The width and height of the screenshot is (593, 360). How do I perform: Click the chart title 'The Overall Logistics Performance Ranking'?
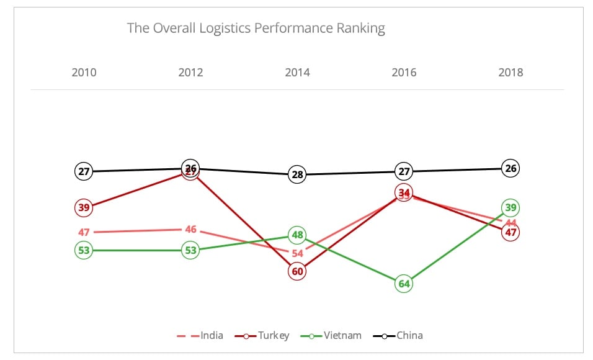(x=256, y=29)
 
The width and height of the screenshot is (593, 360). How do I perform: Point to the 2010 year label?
(x=84, y=73)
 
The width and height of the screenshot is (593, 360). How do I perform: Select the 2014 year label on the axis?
(x=297, y=73)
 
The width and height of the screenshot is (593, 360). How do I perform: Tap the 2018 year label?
(x=511, y=73)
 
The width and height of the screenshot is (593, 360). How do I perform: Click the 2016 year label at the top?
(x=404, y=73)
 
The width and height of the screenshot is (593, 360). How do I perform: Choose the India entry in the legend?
(x=200, y=336)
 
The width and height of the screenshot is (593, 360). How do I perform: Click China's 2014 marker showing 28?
(x=297, y=175)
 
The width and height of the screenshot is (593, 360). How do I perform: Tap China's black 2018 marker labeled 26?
(x=511, y=168)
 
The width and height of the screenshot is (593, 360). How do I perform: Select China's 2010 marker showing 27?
(x=84, y=171)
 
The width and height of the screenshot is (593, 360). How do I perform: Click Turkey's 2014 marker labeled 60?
(x=297, y=272)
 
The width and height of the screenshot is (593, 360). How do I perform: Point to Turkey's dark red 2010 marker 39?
(x=84, y=207)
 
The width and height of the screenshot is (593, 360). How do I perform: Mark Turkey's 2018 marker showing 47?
(x=511, y=233)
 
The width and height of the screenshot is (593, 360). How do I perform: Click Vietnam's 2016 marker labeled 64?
(x=404, y=284)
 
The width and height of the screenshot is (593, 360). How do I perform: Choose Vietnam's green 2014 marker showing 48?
(x=297, y=235)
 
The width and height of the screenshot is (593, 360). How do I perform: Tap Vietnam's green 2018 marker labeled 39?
(x=511, y=207)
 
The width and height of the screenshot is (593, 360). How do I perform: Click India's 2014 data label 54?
(x=297, y=253)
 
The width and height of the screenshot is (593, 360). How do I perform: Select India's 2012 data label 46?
(x=190, y=229)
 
